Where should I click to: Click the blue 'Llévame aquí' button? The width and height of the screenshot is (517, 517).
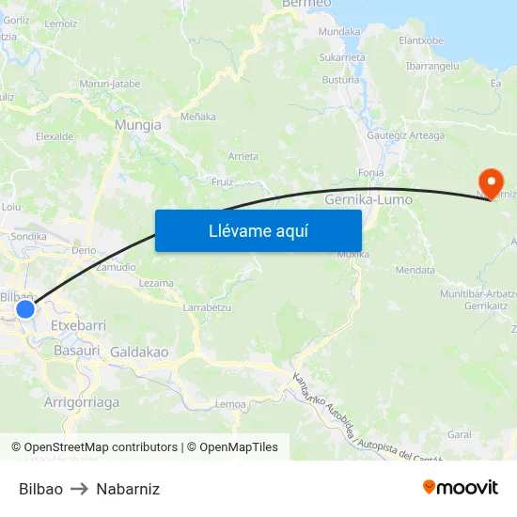(258, 230)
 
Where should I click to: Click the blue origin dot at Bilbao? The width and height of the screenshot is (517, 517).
(25, 308)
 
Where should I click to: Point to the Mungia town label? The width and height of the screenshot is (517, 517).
(137, 124)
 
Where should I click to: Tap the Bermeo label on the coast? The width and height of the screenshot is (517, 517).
(306, 5)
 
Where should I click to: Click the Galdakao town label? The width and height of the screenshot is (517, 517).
(139, 352)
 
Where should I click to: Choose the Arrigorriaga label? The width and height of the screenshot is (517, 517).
(82, 401)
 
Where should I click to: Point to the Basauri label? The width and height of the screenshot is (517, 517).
(77, 350)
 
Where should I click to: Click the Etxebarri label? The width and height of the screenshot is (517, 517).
(78, 324)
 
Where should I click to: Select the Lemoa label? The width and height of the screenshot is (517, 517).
(230, 403)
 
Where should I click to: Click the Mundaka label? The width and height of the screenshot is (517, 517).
(339, 31)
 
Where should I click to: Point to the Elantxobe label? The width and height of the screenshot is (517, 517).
(421, 40)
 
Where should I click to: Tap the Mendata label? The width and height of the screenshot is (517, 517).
(415, 270)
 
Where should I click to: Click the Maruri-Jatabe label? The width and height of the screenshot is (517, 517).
(110, 84)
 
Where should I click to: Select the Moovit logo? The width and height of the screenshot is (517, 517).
(461, 488)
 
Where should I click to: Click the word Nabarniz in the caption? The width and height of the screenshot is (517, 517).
(128, 489)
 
